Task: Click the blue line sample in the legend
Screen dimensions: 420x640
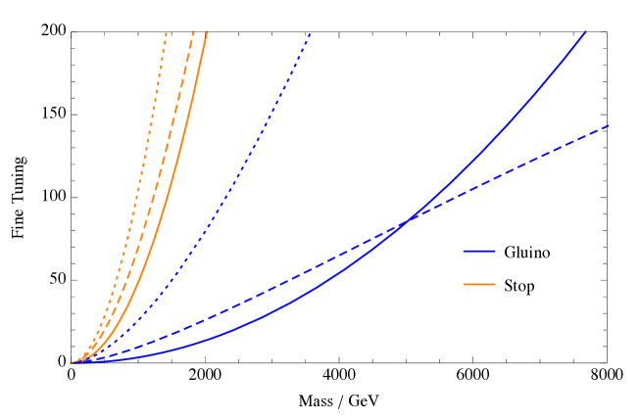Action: pyautogui.click(x=479, y=252)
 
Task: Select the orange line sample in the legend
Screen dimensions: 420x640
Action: pyautogui.click(x=479, y=285)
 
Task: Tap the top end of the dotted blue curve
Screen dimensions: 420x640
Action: pyautogui.click(x=311, y=33)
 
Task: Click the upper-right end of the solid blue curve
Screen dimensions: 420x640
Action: pyautogui.click(x=585, y=32)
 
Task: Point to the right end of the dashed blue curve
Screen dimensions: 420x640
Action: pyautogui.click(x=609, y=126)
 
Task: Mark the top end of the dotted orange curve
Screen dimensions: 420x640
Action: pyautogui.click(x=167, y=32)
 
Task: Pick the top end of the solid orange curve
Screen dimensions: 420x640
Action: pyautogui.click(x=207, y=32)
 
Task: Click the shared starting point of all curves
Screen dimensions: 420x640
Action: pyautogui.click(x=72, y=362)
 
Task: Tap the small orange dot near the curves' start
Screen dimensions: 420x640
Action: pyautogui.click(x=86, y=355)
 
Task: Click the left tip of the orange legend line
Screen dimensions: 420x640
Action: pyautogui.click(x=465, y=285)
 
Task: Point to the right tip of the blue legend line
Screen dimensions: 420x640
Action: pyautogui.click(x=495, y=252)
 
